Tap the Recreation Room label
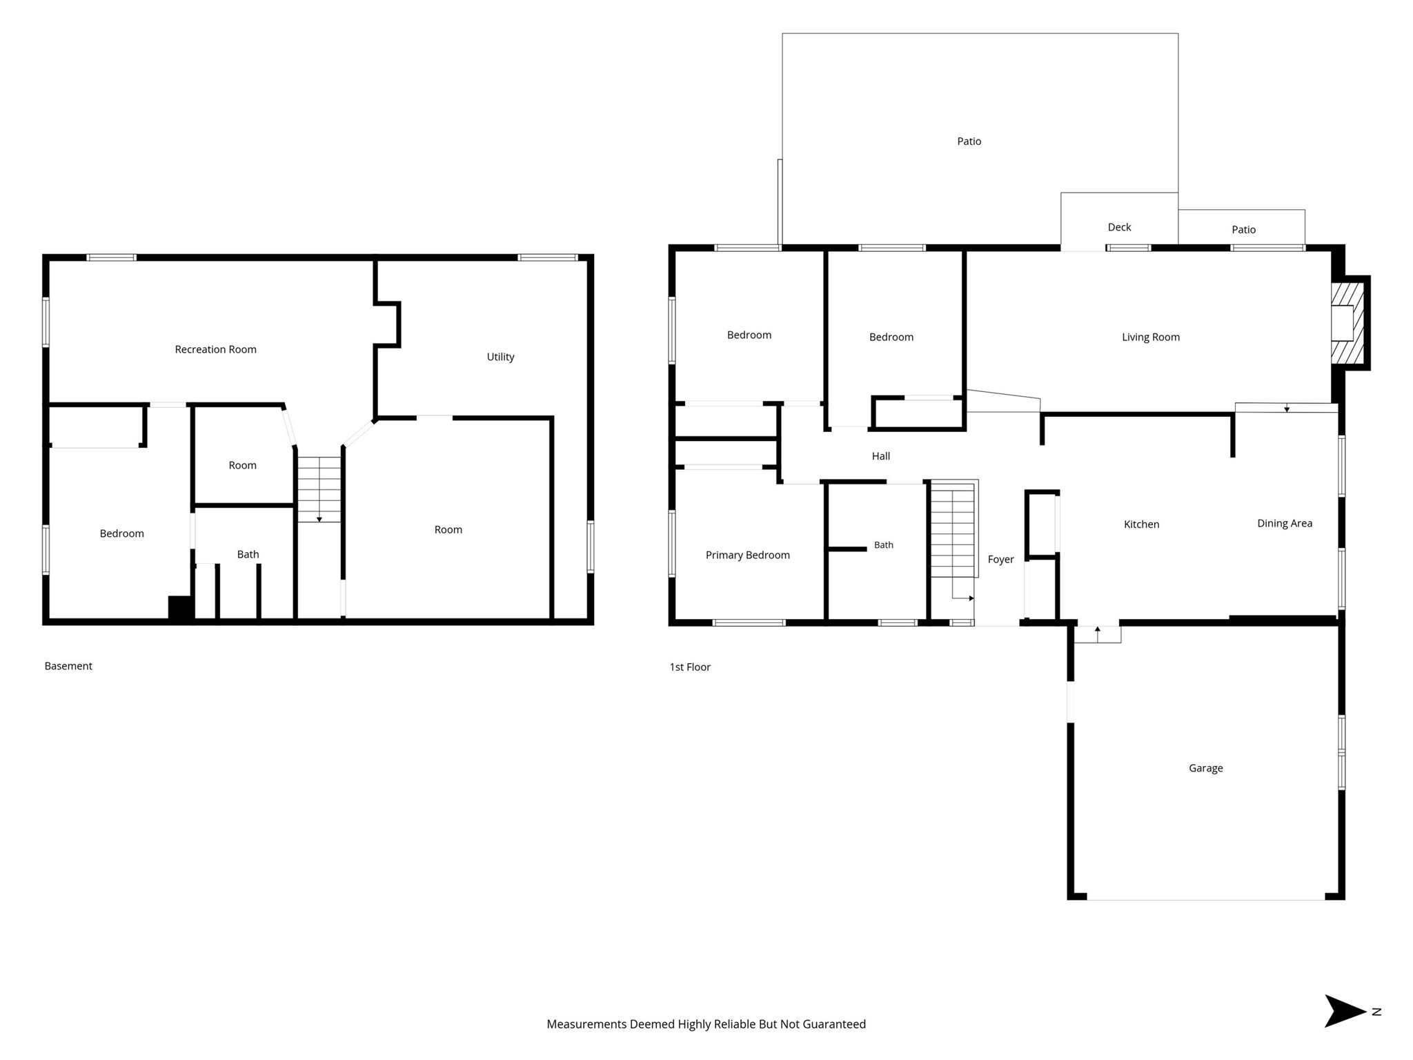click(x=215, y=349)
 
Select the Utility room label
click(x=500, y=357)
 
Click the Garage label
click(x=1205, y=768)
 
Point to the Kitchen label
click(x=1141, y=524)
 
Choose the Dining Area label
click(x=1284, y=523)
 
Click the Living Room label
click(x=1150, y=337)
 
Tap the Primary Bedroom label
click(x=747, y=555)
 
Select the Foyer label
click(x=1000, y=560)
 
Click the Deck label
click(x=1119, y=227)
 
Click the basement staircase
click(x=319, y=489)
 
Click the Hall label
click(x=880, y=456)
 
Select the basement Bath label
click(x=248, y=554)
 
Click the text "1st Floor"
click(x=689, y=667)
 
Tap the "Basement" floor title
click(x=68, y=666)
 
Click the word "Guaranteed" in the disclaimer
click(x=832, y=1024)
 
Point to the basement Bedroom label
click(x=121, y=533)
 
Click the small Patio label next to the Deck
click(x=1243, y=230)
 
